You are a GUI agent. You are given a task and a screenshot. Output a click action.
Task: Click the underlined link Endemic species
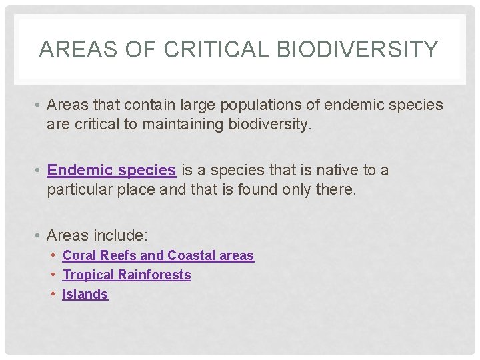pyautogui.click(x=111, y=171)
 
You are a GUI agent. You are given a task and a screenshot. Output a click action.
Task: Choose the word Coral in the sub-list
pyautogui.click(x=79, y=255)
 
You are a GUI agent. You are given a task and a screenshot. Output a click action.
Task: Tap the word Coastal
pyautogui.click(x=191, y=255)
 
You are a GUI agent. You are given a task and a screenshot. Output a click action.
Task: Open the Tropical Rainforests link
pyautogui.click(x=127, y=275)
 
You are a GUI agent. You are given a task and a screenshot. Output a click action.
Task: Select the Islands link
pyautogui.click(x=85, y=294)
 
